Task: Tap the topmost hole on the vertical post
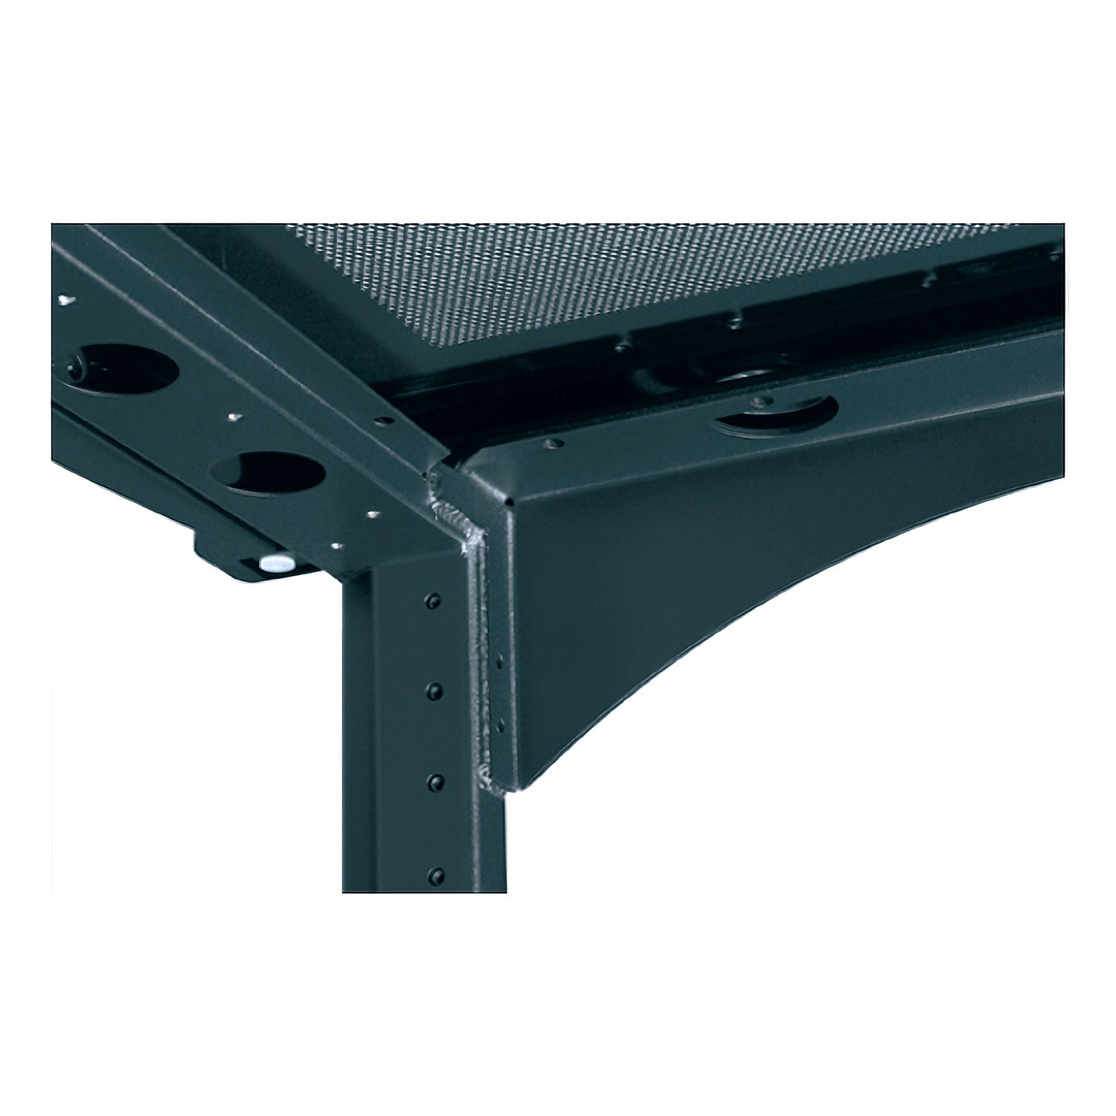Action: coord(434,600)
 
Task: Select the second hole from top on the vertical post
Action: coord(432,691)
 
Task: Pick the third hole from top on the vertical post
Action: coord(431,781)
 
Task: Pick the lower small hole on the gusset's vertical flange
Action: coord(499,725)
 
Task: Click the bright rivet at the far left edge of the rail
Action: coord(65,299)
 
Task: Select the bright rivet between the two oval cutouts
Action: coord(233,417)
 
